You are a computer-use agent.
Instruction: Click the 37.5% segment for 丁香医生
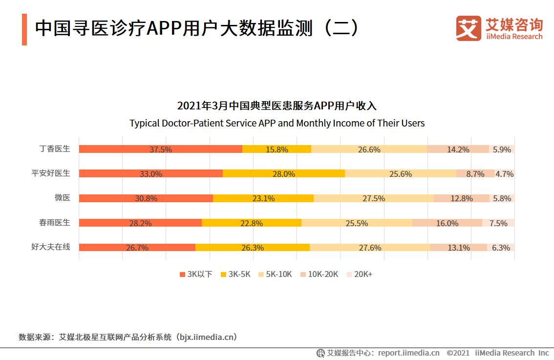point(161,149)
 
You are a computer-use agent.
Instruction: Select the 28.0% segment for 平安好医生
point(284,173)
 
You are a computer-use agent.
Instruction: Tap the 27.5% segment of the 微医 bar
point(374,198)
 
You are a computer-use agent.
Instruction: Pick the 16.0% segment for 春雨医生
point(447,223)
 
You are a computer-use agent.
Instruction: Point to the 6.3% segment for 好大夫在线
point(501,247)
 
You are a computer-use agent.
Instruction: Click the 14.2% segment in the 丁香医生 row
point(458,149)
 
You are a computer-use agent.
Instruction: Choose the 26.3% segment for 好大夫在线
point(253,247)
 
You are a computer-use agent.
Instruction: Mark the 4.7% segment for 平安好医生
point(504,173)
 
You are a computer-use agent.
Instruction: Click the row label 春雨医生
point(55,222)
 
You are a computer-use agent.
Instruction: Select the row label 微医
point(63,198)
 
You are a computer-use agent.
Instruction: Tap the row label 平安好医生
point(51,173)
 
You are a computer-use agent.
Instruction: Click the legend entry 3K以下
point(196,274)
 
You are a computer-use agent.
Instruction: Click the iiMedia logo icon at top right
point(469,28)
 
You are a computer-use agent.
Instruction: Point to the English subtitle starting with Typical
point(277,123)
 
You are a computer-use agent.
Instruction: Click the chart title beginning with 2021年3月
point(277,106)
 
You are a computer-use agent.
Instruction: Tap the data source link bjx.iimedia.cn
point(208,337)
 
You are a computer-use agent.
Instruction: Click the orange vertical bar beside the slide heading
point(24,29)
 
